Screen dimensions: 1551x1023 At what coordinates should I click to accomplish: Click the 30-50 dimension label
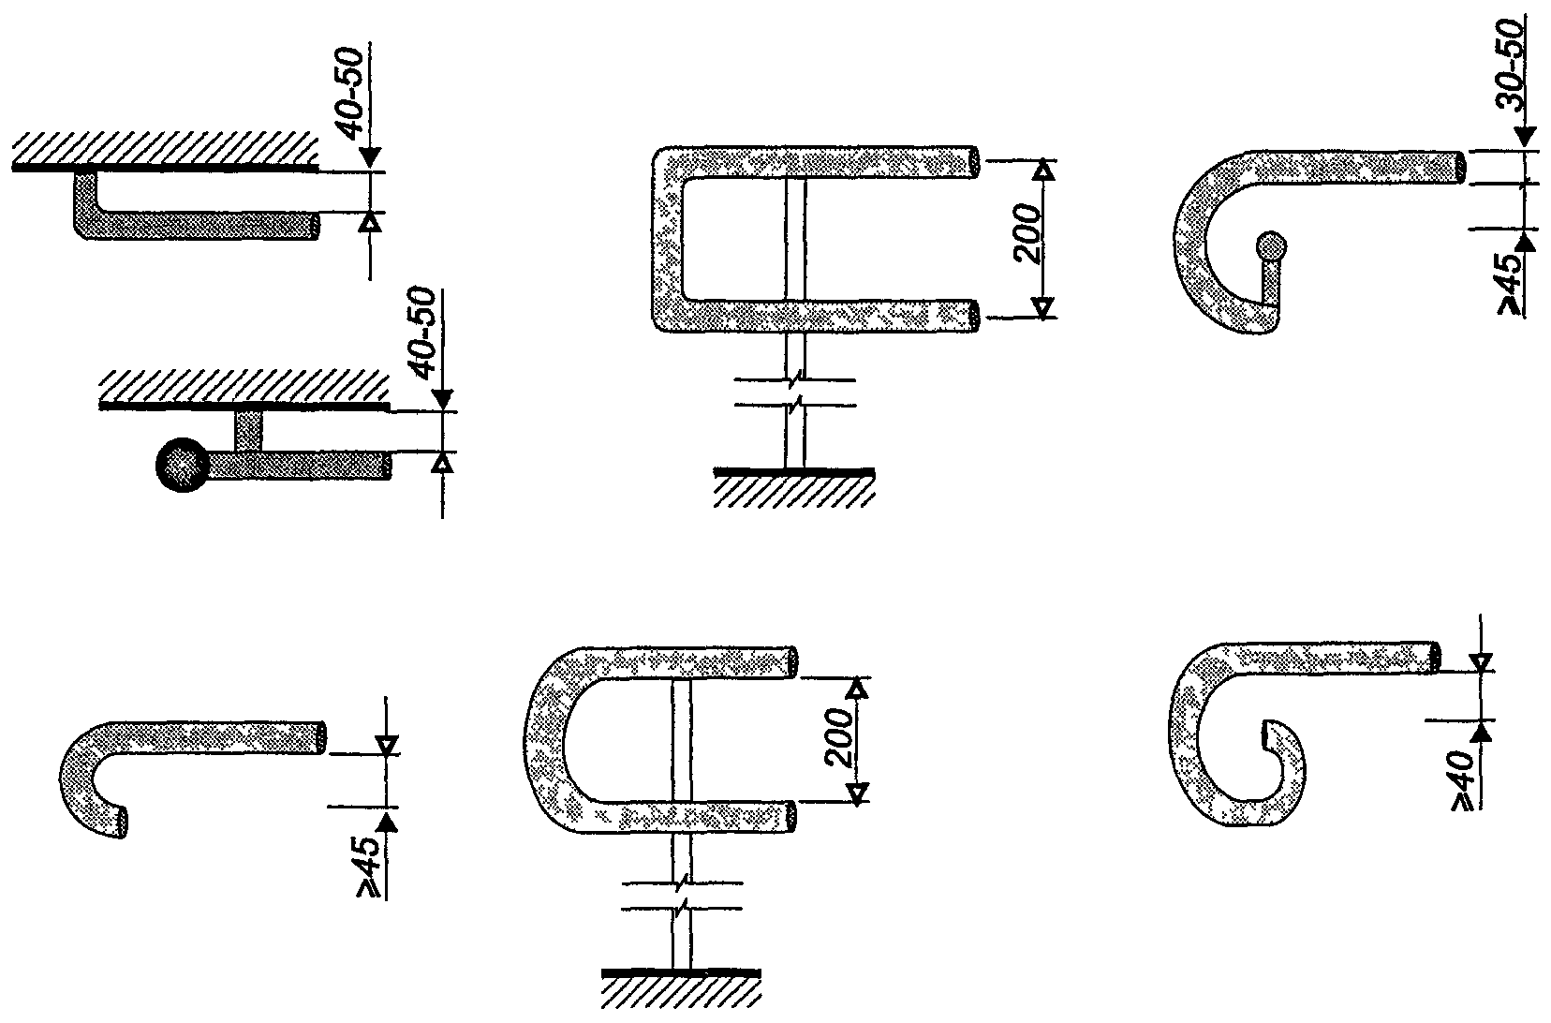click(1510, 66)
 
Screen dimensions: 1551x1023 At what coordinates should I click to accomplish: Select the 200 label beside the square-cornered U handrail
click(1027, 234)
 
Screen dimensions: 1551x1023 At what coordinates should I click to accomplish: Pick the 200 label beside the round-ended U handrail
click(839, 737)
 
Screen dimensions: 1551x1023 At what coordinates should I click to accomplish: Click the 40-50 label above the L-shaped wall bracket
click(352, 94)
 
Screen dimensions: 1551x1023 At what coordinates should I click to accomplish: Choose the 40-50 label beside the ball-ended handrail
click(424, 334)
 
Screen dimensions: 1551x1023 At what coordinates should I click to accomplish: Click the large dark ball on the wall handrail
click(182, 465)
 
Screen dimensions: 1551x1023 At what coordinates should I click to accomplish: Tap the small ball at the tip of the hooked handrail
click(1272, 246)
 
